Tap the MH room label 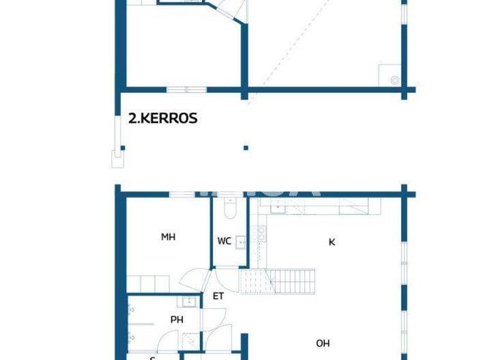(168, 237)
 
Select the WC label (224, 242)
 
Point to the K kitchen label (332, 242)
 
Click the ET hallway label (218, 296)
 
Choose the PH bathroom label (177, 319)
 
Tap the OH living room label (322, 344)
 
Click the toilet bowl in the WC (230, 209)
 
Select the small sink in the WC (240, 242)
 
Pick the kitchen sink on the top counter (278, 206)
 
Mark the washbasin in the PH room (188, 301)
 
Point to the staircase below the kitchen (278, 281)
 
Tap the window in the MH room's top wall (187, 194)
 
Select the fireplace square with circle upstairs (390, 75)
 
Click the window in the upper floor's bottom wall (187, 89)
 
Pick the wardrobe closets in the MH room (149, 283)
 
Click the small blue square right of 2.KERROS (246, 148)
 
